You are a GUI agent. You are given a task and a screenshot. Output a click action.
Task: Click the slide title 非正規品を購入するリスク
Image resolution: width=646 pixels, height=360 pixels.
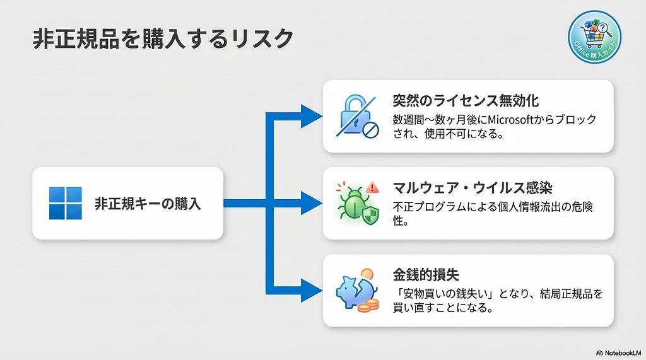coord(163,39)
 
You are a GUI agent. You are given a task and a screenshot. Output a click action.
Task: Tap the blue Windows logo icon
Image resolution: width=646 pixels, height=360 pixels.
coord(66,203)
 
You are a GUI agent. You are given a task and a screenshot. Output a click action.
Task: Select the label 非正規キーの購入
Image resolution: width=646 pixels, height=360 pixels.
coord(148,204)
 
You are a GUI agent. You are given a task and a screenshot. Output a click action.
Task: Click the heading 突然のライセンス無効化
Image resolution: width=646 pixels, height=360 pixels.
coord(466,101)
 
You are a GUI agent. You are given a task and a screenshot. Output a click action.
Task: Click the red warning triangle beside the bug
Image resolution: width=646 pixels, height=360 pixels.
coord(372,187)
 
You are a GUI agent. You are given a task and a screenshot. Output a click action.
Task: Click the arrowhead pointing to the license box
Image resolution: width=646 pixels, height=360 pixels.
coord(310,116)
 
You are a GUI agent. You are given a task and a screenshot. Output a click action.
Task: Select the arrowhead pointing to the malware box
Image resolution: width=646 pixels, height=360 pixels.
coord(310,203)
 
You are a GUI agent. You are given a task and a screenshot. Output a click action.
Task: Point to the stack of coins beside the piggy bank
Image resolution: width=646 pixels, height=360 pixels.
coord(370,305)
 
